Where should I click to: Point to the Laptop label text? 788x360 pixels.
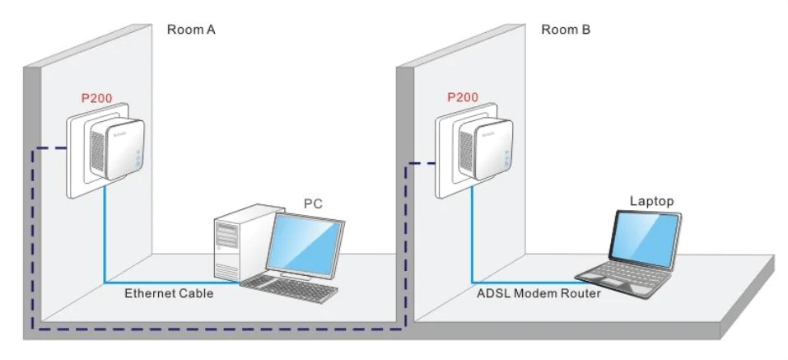click(652, 200)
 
